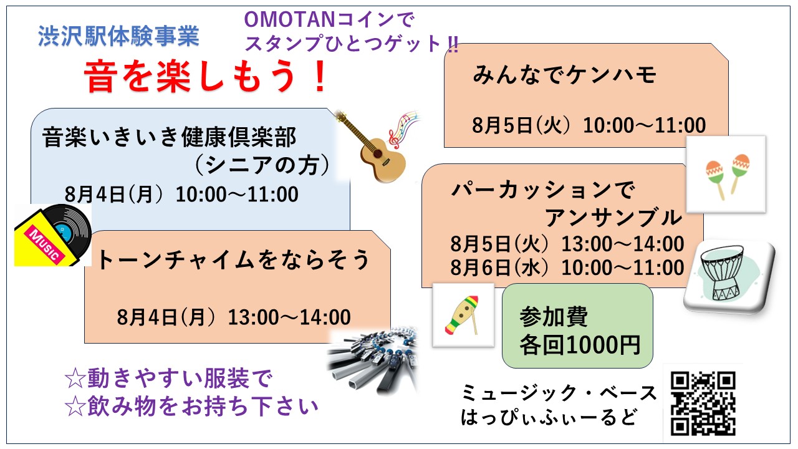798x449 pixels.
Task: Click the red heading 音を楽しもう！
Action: click(205, 77)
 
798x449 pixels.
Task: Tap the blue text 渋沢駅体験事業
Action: click(118, 36)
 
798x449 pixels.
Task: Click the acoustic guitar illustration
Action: click(370, 146)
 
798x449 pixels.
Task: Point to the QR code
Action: click(703, 403)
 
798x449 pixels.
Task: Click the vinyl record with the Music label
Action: click(53, 235)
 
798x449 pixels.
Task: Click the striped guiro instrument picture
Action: click(463, 315)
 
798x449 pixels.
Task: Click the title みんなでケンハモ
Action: click(564, 75)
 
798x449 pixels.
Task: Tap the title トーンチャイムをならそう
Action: click(233, 259)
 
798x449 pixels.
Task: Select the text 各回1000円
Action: click(580, 345)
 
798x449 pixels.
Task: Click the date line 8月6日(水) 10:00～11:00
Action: click(567, 268)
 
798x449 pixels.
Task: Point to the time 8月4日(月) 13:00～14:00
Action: click(234, 317)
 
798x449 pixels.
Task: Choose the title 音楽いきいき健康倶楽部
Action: click(169, 137)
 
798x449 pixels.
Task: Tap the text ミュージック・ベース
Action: click(559, 393)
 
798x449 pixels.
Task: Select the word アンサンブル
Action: click(613, 218)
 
